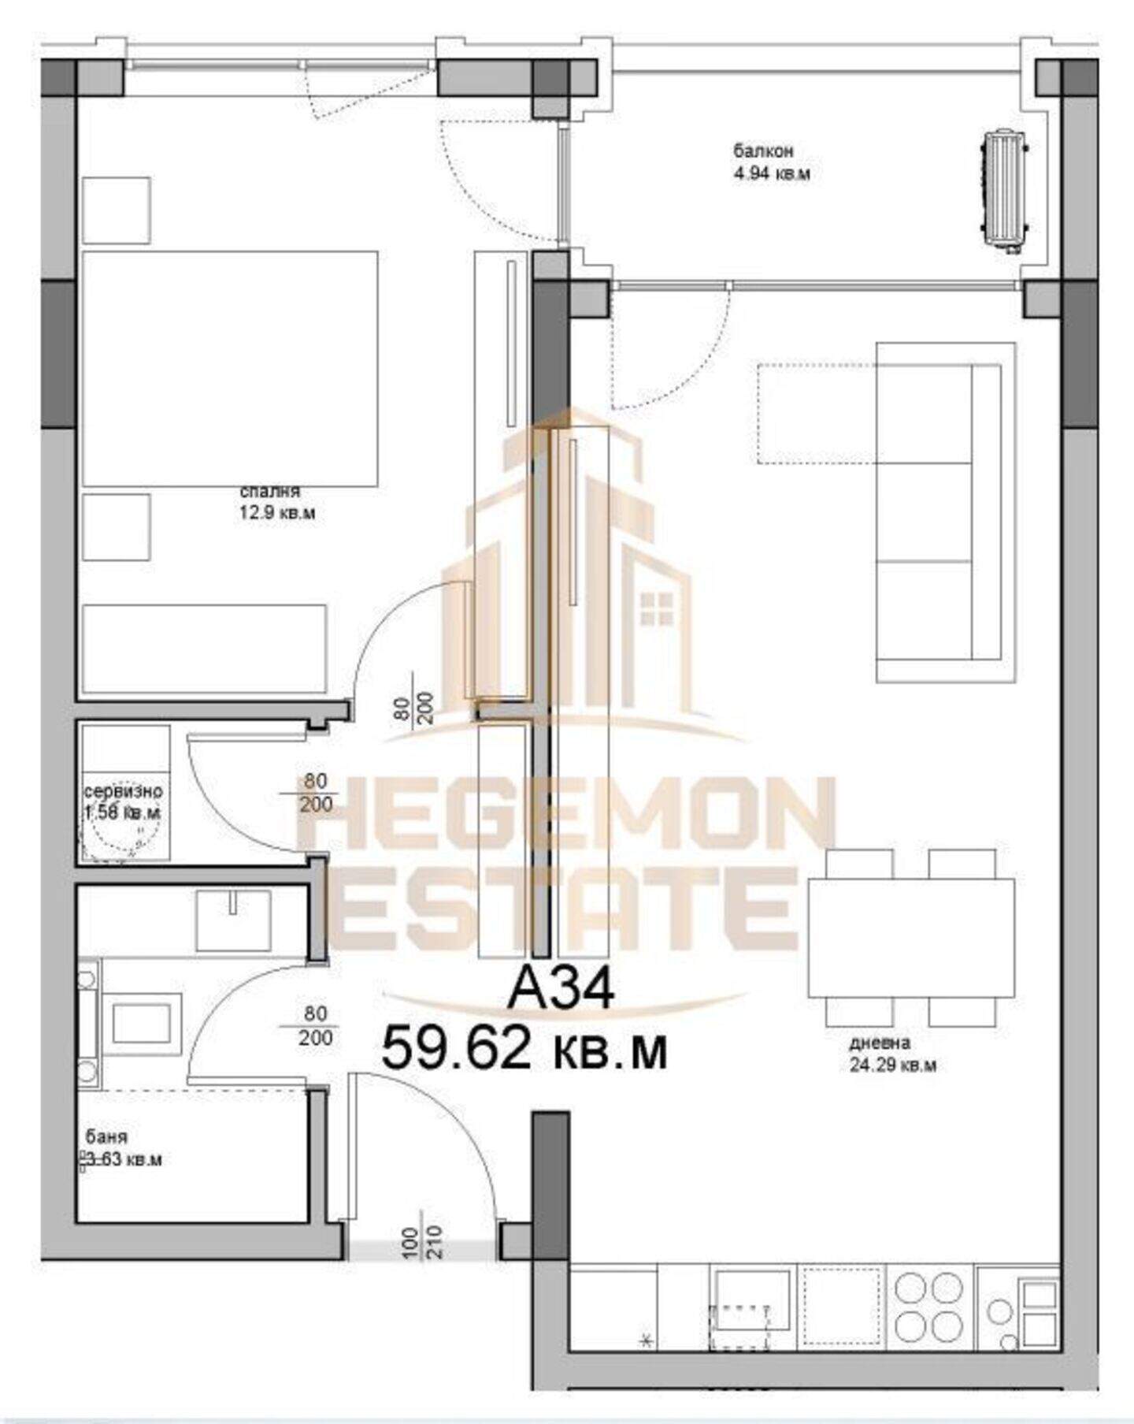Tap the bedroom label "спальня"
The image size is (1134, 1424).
click(269, 491)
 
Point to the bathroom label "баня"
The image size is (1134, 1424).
click(106, 1137)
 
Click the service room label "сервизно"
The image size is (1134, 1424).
click(124, 790)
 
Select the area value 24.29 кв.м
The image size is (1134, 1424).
click(893, 1065)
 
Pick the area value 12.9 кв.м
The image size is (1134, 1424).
click(277, 514)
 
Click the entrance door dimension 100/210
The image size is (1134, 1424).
click(424, 1243)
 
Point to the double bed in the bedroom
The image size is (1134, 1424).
click(230, 369)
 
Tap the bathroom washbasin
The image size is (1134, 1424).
click(234, 920)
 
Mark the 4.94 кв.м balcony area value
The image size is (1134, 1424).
click(772, 173)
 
